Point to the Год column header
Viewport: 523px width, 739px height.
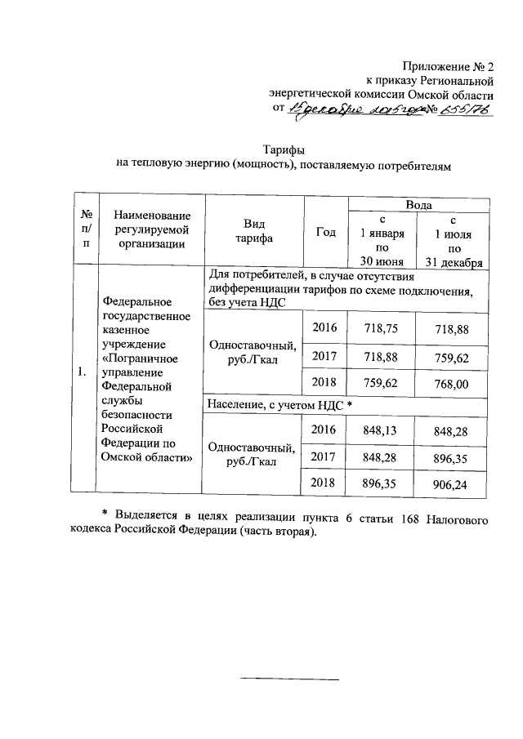[x=325, y=232]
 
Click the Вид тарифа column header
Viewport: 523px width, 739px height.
[x=255, y=232]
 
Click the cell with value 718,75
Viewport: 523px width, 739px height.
[x=382, y=327]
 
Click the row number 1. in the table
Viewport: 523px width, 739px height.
[x=83, y=372]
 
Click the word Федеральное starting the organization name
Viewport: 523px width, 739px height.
[x=134, y=302]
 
